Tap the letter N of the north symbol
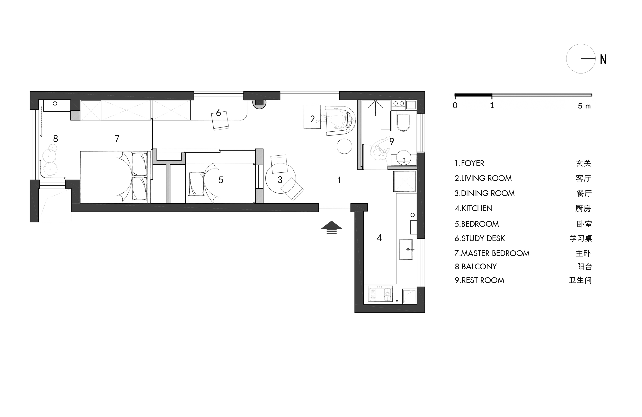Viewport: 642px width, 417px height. tap(603, 59)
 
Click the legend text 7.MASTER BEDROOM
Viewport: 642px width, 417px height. tap(492, 253)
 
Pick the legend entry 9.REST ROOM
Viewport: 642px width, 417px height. tap(479, 280)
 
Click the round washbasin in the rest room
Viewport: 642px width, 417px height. tap(404, 158)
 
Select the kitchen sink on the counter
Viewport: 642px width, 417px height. tap(406, 249)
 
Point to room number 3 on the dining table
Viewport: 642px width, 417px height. tap(280, 180)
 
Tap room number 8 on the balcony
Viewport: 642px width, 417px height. tap(56, 139)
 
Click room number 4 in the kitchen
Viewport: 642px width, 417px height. tap(379, 238)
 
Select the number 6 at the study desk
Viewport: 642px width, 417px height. tap(218, 112)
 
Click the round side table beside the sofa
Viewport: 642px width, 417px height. tap(344, 146)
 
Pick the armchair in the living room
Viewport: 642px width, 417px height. tap(340, 120)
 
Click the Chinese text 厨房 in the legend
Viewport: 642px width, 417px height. tap(583, 208)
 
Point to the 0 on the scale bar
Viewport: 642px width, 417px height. tap(455, 105)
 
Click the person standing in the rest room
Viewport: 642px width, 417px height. tap(380, 150)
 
